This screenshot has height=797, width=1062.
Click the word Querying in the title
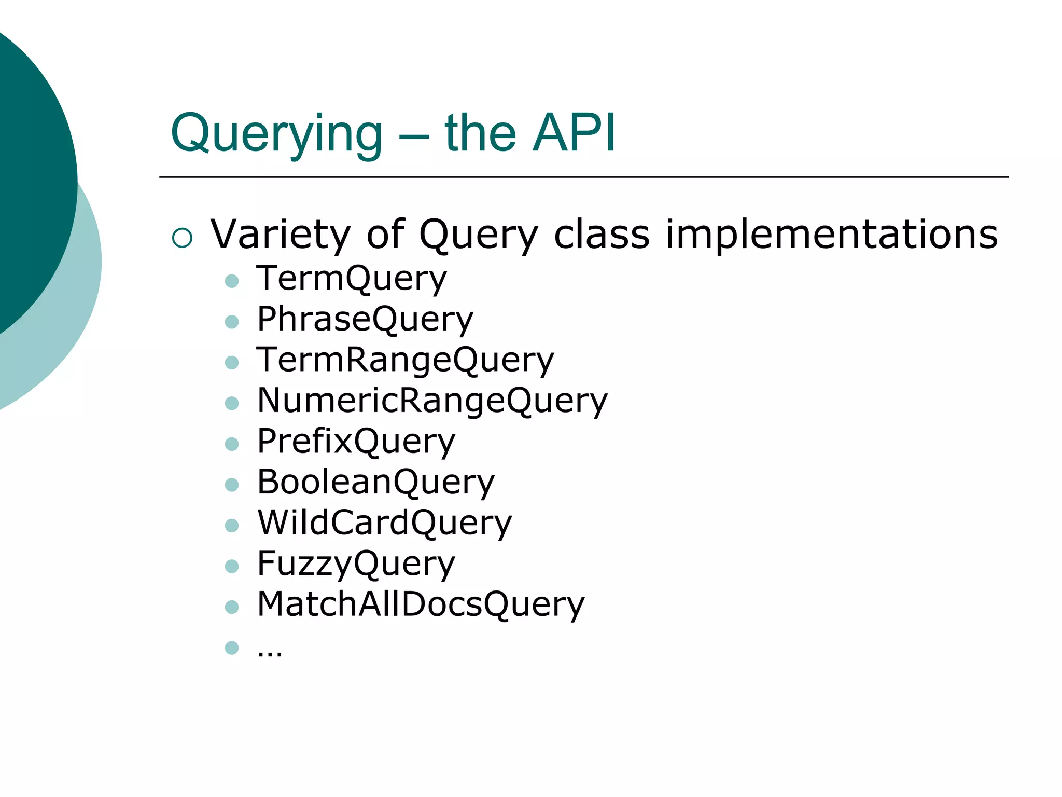point(276,134)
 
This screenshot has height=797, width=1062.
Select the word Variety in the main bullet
point(281,234)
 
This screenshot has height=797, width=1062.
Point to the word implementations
point(831,234)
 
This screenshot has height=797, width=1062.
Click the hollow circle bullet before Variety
point(182,238)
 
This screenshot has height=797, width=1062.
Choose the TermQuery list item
point(351,279)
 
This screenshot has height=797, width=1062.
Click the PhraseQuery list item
point(365,319)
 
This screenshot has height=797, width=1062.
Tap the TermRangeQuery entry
point(405,360)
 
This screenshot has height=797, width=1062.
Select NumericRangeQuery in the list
point(432,401)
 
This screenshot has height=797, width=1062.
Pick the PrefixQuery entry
point(356,442)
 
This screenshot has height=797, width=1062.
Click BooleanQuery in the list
point(375,482)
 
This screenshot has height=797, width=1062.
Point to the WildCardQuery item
point(384,523)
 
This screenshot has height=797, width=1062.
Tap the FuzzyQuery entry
point(356,564)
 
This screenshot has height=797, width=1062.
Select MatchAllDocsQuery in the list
point(421,604)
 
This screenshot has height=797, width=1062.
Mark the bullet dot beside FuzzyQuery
point(232,566)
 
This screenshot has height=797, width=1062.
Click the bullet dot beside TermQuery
point(232,281)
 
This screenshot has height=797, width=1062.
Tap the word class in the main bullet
point(601,234)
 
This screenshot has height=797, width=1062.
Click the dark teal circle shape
point(26,171)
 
